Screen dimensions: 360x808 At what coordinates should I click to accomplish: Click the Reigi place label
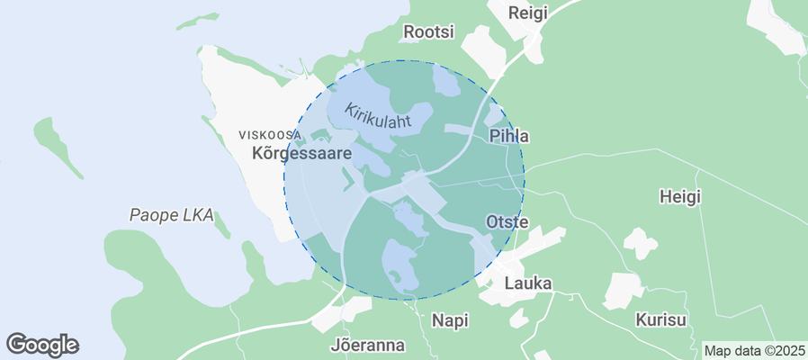pos(527,13)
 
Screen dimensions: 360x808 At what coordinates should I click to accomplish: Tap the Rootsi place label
pos(428,31)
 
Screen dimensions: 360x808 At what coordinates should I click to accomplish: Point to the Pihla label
pos(508,136)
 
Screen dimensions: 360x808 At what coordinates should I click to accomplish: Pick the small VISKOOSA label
pos(270,135)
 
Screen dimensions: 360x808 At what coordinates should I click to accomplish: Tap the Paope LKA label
pos(171,215)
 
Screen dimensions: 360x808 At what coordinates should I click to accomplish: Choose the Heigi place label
pos(679,195)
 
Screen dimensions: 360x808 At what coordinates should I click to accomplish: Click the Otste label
pos(507,221)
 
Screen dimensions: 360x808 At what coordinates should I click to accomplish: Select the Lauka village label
pos(528,283)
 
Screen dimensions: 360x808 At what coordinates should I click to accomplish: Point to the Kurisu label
pos(660,319)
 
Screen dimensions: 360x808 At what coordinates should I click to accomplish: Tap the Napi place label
pos(451,319)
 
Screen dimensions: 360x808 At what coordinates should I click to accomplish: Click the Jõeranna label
pos(368,345)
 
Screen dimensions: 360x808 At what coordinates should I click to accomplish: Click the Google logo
pos(42,344)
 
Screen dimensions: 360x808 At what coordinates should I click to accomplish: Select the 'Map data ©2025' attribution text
pos(754,350)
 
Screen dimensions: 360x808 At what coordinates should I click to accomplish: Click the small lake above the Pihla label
pos(493,115)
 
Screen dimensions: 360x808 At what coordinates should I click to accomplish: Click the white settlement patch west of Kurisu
pos(623,291)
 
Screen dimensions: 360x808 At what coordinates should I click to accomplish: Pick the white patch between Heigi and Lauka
pos(640,243)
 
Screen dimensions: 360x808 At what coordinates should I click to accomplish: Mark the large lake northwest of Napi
pos(400,265)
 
